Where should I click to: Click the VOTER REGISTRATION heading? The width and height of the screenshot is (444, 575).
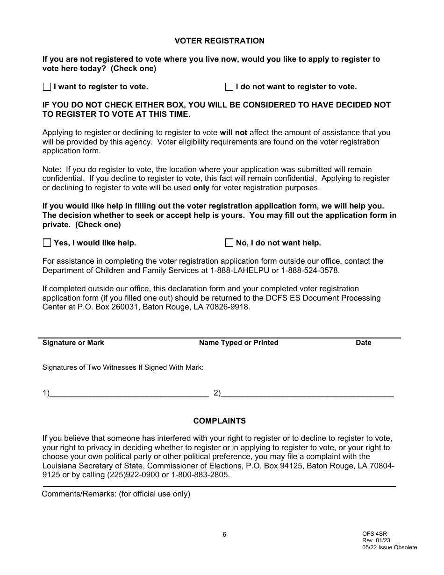pyautogui.click(x=219, y=41)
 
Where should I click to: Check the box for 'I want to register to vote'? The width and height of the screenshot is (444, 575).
pyautogui.click(x=47, y=86)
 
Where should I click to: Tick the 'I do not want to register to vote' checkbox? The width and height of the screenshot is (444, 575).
pyautogui.click(x=229, y=86)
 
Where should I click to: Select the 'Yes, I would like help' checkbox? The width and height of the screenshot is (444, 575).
pyautogui.click(x=47, y=243)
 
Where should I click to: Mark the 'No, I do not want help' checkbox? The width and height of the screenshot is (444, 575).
pyautogui.click(x=229, y=243)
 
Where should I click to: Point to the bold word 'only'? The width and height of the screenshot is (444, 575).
pyautogui.click(x=201, y=187)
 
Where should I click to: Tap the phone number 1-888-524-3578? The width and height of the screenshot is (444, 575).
pyautogui.click(x=309, y=270)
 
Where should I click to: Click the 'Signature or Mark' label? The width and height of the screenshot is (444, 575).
pyautogui.click(x=73, y=343)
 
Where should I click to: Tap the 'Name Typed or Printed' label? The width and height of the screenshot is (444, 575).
pyautogui.click(x=238, y=343)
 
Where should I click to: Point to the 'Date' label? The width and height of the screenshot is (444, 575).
pyautogui.click(x=363, y=343)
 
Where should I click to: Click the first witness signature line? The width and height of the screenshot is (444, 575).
pyautogui.click(x=129, y=394)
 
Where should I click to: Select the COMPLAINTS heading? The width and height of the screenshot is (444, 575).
pyautogui.click(x=219, y=421)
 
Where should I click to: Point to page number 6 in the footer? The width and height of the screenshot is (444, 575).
pyautogui.click(x=224, y=535)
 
